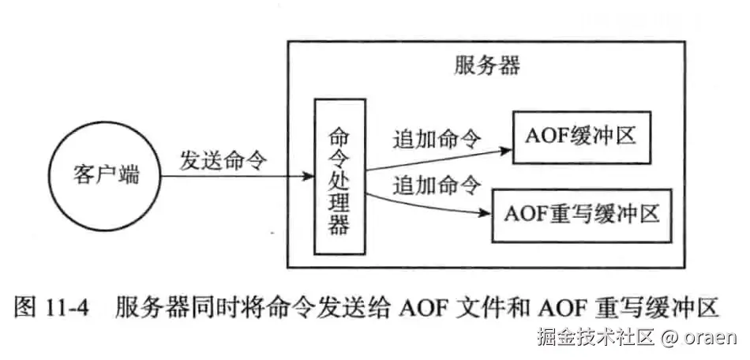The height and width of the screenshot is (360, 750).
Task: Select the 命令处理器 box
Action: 339,176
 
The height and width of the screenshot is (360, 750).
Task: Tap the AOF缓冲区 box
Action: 580,136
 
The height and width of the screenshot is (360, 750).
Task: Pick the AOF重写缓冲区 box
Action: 581,214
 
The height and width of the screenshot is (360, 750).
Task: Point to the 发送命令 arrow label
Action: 224,158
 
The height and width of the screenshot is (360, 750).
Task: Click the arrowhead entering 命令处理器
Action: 308,175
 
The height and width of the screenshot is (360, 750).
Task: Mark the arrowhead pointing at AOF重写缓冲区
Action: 486,212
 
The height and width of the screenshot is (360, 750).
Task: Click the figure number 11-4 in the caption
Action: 71,305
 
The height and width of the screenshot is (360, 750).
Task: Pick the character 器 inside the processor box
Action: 339,226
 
